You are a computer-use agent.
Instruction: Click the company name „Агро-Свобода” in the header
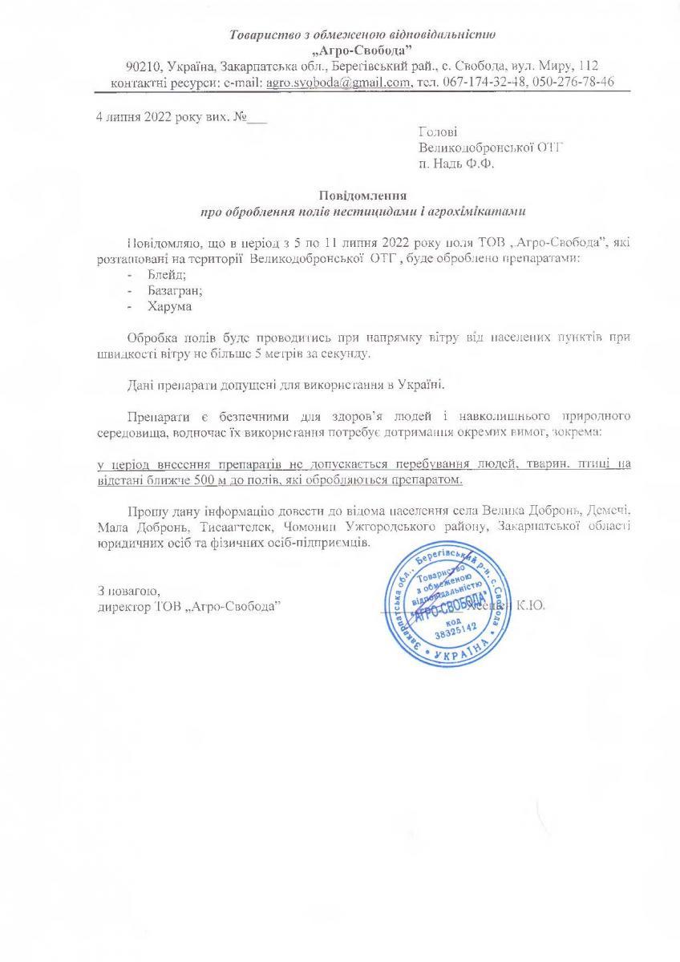coord(362,50)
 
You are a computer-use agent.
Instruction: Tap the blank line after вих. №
coord(257,119)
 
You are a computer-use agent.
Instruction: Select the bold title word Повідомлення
coord(362,196)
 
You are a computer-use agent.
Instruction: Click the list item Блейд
coord(163,275)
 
